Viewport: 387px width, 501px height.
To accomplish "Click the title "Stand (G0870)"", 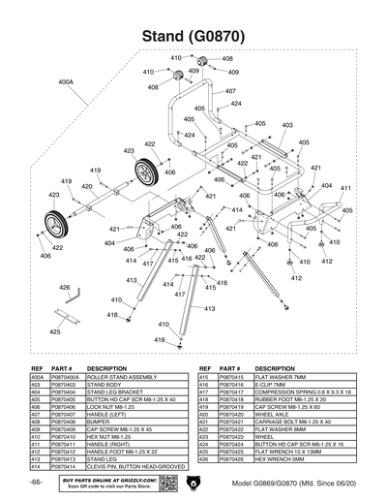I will coord(193,36).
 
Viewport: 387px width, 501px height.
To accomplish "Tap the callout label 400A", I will coord(66,83).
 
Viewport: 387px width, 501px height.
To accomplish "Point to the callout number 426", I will coord(65,288).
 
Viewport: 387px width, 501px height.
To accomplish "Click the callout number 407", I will coord(230,91).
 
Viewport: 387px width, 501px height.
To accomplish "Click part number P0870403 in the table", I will coord(64,385).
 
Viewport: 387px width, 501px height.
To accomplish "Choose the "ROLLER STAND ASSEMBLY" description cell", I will coord(122,378).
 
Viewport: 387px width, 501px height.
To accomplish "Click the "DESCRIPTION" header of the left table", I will coord(107,369).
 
